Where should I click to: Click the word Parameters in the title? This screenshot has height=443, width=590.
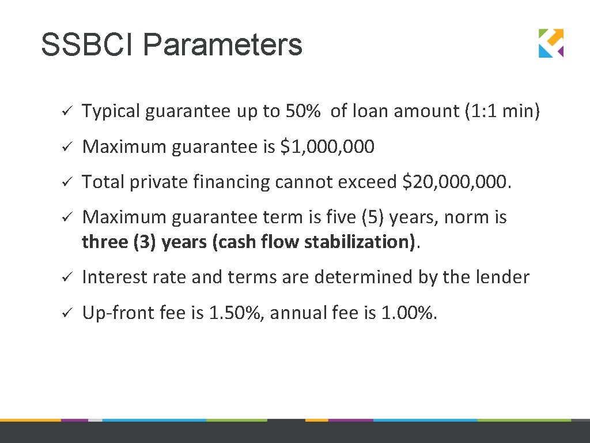223,45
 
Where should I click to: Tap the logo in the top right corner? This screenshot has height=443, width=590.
551,43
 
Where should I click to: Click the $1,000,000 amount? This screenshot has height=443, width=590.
327,147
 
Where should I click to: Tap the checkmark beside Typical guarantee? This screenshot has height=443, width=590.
66,111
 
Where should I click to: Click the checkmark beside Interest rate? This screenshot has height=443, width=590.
66,278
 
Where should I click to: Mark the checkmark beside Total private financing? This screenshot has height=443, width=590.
66,183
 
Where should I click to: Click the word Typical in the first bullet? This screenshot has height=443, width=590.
111,111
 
